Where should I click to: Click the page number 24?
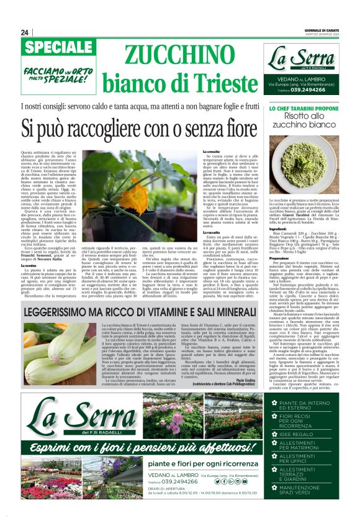[x=25, y=32]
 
